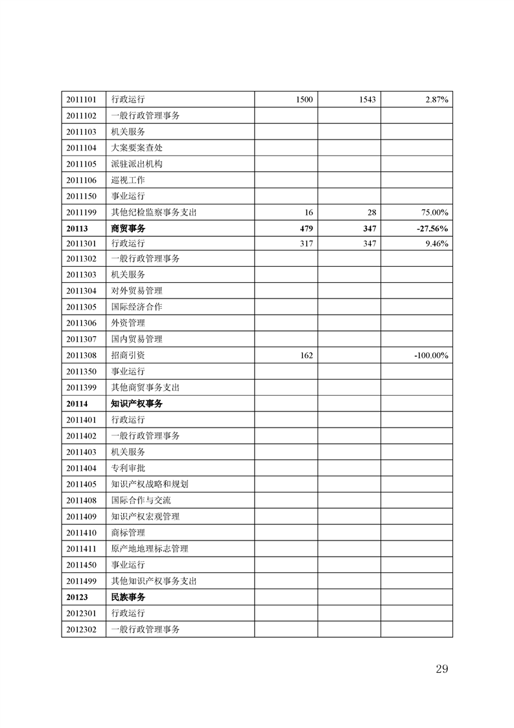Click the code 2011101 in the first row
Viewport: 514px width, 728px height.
click(81, 99)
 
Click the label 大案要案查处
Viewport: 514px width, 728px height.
click(137, 148)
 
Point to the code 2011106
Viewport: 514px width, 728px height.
click(81, 180)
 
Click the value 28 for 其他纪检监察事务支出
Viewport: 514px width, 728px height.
click(371, 212)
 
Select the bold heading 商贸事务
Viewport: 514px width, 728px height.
click(128, 228)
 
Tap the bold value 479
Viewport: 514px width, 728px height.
click(307, 228)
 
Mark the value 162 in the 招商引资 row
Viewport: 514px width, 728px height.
click(307, 356)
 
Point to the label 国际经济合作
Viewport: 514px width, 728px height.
click(137, 307)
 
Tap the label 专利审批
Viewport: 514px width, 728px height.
click(128, 468)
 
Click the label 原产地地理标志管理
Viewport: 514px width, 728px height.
click(150, 549)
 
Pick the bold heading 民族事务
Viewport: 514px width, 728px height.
click(128, 597)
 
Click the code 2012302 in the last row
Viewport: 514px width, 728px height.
click(81, 629)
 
